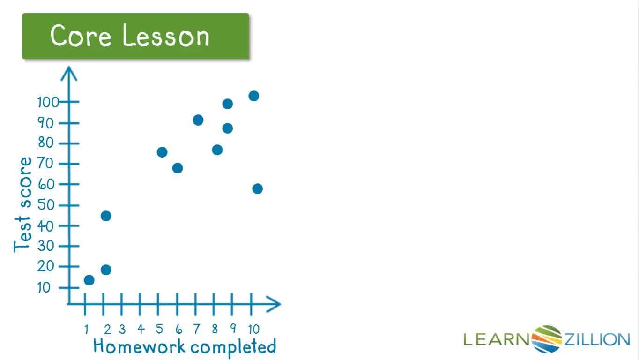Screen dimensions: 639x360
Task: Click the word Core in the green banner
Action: tap(81, 36)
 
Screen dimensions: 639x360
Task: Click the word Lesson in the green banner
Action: tap(166, 35)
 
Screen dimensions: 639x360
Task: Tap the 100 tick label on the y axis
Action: tap(48, 102)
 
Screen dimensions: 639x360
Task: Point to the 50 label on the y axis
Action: tap(45, 205)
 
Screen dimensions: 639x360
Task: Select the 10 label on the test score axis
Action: tap(44, 287)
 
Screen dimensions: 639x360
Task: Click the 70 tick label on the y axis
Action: tap(45, 164)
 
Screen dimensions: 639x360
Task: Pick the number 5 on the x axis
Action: tap(159, 329)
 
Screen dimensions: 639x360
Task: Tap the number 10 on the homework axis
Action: tap(253, 329)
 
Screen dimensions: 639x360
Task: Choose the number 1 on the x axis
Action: tap(87, 329)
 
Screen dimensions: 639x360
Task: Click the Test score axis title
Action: tap(22, 204)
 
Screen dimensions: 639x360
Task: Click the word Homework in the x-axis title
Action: tap(139, 345)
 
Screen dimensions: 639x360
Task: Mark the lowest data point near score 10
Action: tap(89, 280)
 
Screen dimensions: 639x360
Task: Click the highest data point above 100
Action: tap(254, 96)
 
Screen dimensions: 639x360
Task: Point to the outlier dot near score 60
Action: tap(258, 189)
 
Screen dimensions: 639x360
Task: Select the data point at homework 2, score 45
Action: tap(106, 216)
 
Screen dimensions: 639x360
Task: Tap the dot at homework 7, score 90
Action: tap(198, 120)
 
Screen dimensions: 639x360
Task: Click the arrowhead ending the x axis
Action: tap(274, 304)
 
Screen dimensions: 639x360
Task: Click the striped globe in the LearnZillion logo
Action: tap(547, 339)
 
